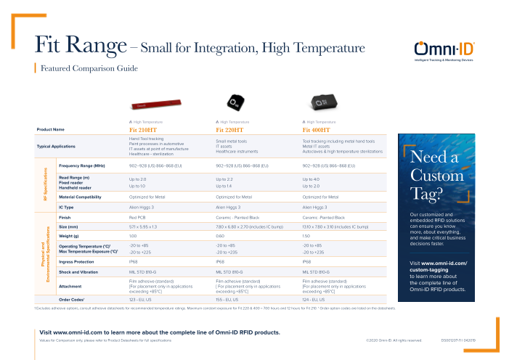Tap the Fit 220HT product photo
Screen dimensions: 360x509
[235, 101]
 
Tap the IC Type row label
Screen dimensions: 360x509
[68, 207]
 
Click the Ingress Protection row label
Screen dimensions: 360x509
[76, 261]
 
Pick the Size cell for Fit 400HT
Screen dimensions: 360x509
[335, 227]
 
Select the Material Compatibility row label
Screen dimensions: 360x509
[84, 197]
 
